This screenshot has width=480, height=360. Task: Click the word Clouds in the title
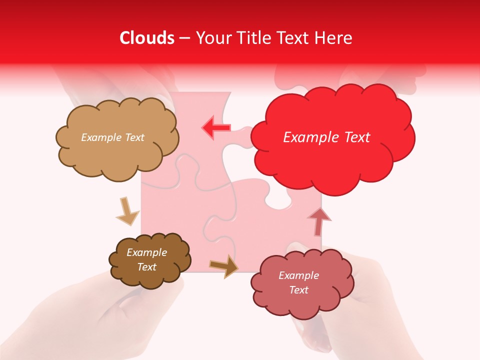(x=147, y=38)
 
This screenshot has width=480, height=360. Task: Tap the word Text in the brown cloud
(x=147, y=267)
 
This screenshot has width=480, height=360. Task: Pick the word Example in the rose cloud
(x=298, y=275)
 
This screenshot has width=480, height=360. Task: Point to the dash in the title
(x=184, y=38)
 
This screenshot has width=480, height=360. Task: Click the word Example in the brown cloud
(x=147, y=252)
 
